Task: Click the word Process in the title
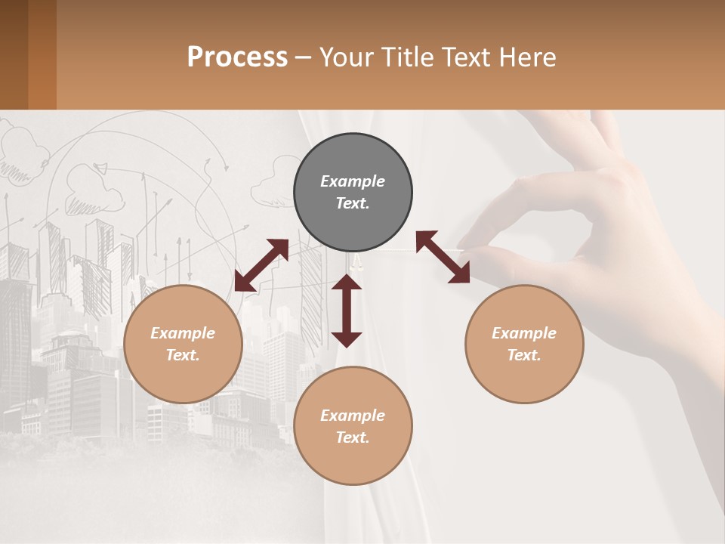pos(237,57)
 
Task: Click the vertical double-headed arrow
pos(347,311)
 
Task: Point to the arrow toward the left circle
pos(261,265)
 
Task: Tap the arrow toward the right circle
pos(443,257)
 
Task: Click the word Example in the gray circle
pos(353,181)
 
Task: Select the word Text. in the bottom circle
pos(353,437)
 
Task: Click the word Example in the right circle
pos(524,333)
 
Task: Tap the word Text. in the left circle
pos(183,355)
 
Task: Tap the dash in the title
pos(303,57)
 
